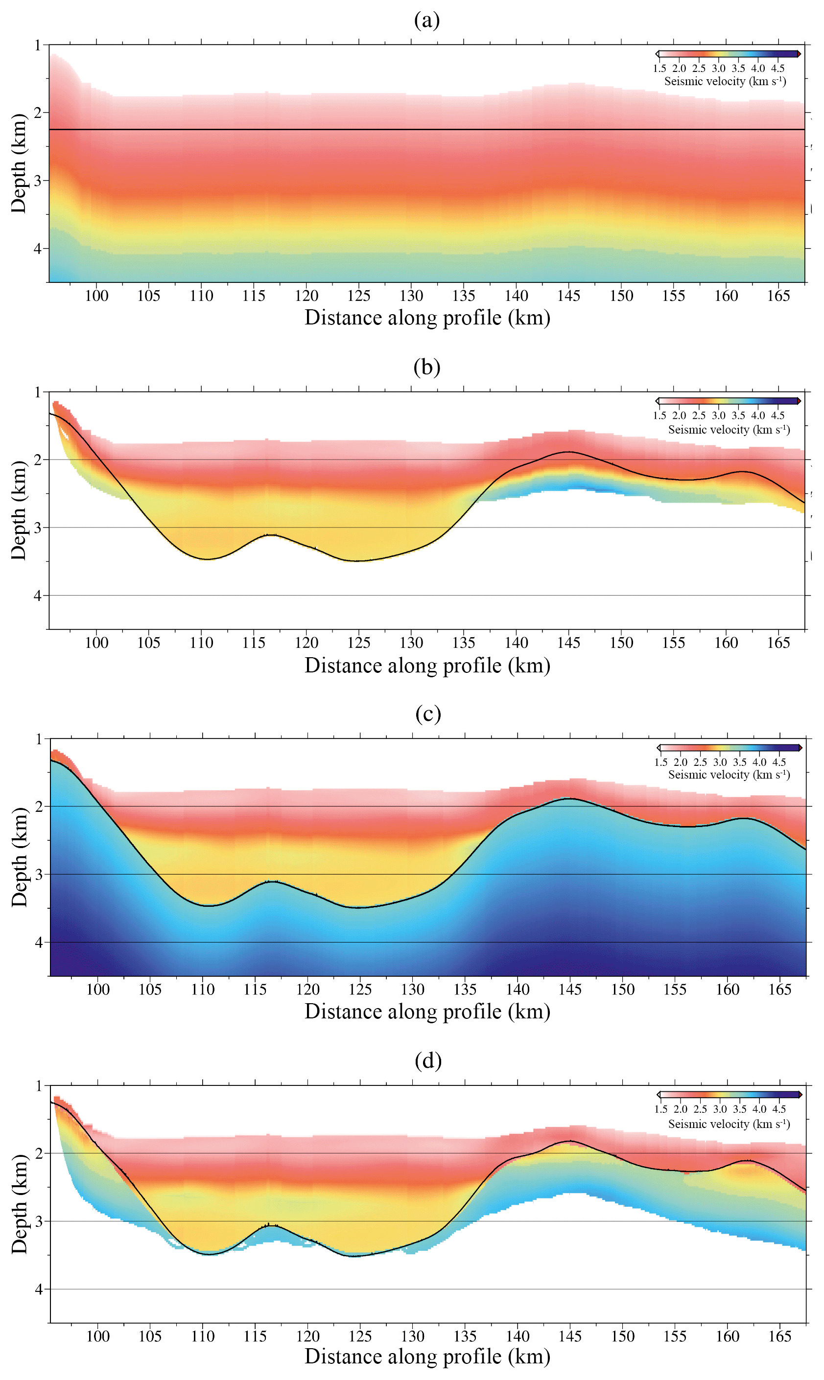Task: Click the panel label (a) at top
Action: click(426, 20)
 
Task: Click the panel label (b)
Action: click(426, 367)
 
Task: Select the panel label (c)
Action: click(428, 713)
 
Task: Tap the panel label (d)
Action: click(428, 1060)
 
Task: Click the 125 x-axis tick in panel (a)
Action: click(359, 296)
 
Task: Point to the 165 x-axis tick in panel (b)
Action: click(778, 643)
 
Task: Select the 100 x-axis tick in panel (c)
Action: click(98, 989)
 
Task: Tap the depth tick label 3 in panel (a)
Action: click(38, 181)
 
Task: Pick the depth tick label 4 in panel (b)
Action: click(38, 596)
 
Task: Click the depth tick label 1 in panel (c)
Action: click(39, 739)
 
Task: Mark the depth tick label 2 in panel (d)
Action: click(39, 1153)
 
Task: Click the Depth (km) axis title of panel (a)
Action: click(19, 163)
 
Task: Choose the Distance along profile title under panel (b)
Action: click(427, 666)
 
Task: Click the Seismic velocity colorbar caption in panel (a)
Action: click(725, 82)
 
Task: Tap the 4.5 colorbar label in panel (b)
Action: click(777, 415)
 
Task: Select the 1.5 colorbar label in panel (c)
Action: click(661, 762)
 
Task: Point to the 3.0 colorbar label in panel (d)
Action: click(720, 1109)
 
